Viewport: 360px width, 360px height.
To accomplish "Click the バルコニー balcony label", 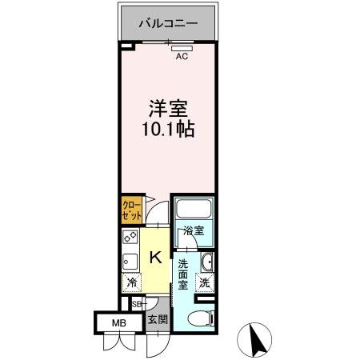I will pos(167,22).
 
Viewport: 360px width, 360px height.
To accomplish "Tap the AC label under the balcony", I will pos(182,57).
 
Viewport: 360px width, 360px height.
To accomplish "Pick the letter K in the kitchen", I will pos(157,258).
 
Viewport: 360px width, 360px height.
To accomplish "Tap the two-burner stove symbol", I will pos(130,238).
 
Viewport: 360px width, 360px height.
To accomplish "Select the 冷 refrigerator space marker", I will pos(131,282).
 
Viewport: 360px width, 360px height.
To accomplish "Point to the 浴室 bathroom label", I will pos(194,231).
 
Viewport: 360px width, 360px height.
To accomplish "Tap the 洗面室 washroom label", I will pos(183,274).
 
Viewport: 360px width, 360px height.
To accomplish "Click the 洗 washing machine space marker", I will pos(206,282).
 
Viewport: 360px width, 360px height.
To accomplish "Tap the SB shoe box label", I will pos(135,305).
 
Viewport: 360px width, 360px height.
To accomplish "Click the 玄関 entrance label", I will pos(156,320).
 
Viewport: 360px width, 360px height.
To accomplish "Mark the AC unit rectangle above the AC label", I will pos(182,47).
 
